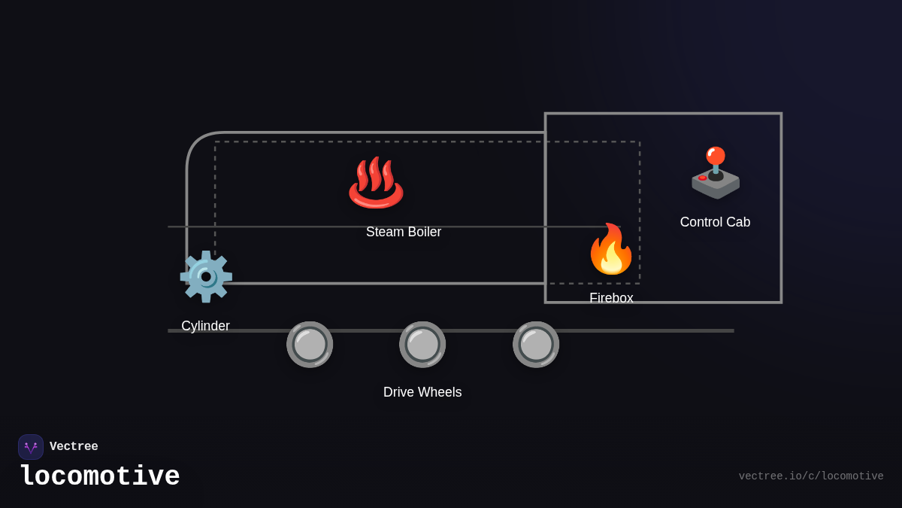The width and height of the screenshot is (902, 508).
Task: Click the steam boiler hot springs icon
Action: pyautogui.click(x=376, y=182)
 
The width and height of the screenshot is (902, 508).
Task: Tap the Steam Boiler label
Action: pyautogui.click(x=404, y=232)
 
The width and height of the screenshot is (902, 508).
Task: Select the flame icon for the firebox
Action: pyautogui.click(x=611, y=249)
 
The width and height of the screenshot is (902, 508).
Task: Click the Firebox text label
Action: pyautogui.click(x=611, y=298)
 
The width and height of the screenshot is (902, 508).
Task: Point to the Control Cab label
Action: pyautogui.click(x=715, y=222)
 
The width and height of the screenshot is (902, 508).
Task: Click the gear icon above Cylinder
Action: pyautogui.click(x=206, y=276)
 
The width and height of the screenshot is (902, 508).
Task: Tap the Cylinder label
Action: pyautogui.click(x=205, y=326)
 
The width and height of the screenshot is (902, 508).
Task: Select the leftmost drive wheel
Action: pyautogui.click(x=310, y=345)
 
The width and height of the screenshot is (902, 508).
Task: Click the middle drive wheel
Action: pyautogui.click(x=422, y=345)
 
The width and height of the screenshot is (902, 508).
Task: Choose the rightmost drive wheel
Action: pyautogui.click(x=536, y=345)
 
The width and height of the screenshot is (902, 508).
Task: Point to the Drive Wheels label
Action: pyautogui.click(x=422, y=392)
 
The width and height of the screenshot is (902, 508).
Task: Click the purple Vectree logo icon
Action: pyautogui.click(x=31, y=447)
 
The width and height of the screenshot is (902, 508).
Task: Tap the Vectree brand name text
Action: pyautogui.click(x=74, y=447)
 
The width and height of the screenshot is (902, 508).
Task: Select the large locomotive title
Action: pyautogui.click(x=100, y=477)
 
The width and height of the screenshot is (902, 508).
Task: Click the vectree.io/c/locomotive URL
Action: pyautogui.click(x=810, y=476)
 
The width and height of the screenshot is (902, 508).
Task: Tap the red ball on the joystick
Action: pyautogui.click(x=716, y=156)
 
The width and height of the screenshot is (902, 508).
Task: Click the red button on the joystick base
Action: pyautogui.click(x=702, y=178)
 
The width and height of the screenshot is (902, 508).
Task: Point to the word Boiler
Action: pyautogui.click(x=424, y=232)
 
